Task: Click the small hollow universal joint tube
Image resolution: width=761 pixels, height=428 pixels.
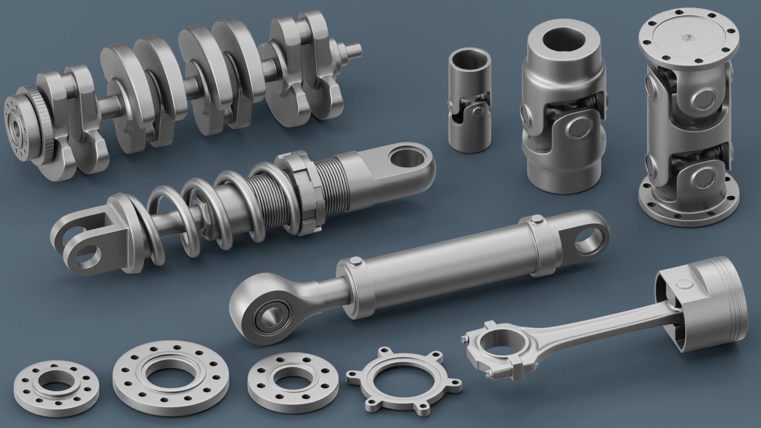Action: pyautogui.click(x=469, y=99)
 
